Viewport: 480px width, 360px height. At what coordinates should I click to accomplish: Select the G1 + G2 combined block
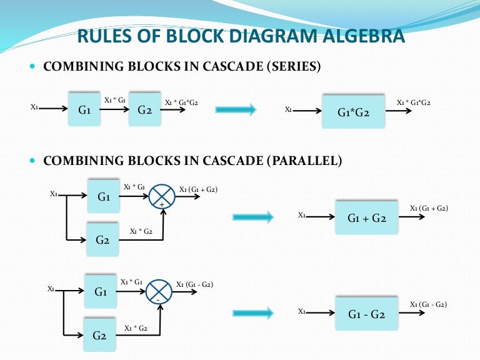pyautogui.click(x=366, y=218)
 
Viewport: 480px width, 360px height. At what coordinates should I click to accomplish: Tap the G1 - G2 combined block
pyautogui.click(x=366, y=315)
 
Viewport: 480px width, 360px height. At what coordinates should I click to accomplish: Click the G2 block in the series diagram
pyautogui.click(x=145, y=110)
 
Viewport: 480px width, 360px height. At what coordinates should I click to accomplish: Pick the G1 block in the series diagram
pyautogui.click(x=85, y=110)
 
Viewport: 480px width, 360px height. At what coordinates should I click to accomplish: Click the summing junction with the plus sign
pyautogui.click(x=162, y=196)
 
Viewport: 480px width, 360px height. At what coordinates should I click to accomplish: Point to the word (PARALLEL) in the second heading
pyautogui.click(x=304, y=161)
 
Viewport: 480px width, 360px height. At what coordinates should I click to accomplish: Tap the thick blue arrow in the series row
pyautogui.click(x=236, y=110)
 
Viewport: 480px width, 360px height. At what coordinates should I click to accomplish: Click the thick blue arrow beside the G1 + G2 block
pyautogui.click(x=252, y=217)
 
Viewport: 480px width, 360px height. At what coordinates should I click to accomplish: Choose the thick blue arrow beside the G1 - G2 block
pyautogui.click(x=252, y=313)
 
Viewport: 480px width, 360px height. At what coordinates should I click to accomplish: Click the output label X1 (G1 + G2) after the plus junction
pyautogui.click(x=198, y=189)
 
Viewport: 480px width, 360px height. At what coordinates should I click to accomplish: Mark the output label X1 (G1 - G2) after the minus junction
pyautogui.click(x=195, y=284)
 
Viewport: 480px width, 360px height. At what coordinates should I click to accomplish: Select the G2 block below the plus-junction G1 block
pyautogui.click(x=103, y=239)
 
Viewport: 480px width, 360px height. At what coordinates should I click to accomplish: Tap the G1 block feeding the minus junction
pyautogui.click(x=101, y=292)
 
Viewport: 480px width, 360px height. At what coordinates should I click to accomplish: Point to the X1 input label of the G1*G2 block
pyautogui.click(x=288, y=109)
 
